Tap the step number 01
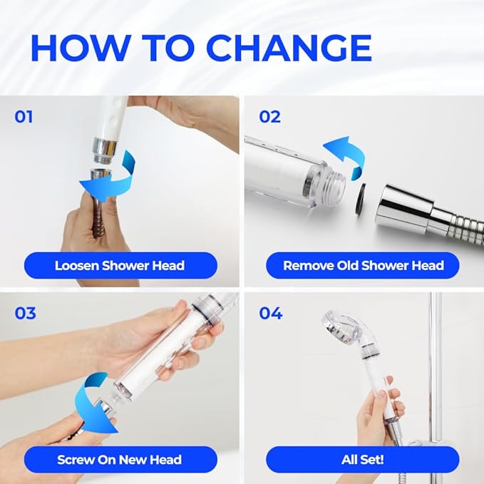coord(24,116)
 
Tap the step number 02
coord(270,116)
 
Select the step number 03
coord(25,313)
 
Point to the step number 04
coord(271,313)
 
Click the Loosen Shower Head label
coord(119,265)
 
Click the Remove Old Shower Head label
coord(363,265)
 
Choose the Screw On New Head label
coord(119,459)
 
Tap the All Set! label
coord(363,459)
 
